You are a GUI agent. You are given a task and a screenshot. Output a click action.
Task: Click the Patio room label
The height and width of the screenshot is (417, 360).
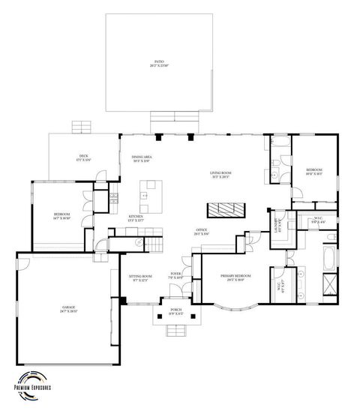coord(158,64)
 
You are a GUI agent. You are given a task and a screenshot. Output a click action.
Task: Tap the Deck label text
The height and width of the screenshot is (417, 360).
coord(82,159)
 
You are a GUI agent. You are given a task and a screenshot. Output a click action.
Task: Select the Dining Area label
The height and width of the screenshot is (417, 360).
coord(142,158)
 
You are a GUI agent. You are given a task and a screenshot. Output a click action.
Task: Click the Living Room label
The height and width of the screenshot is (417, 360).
coord(220,175)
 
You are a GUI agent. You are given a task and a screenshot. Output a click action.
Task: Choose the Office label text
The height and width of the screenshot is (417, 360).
coord(202,232)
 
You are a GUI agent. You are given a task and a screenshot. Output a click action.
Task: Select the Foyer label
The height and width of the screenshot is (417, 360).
coord(175,276)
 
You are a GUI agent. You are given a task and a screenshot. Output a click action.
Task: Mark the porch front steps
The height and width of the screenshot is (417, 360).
coord(175,330)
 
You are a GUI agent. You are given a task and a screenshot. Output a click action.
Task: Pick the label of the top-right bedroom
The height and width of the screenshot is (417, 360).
coord(314,172)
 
